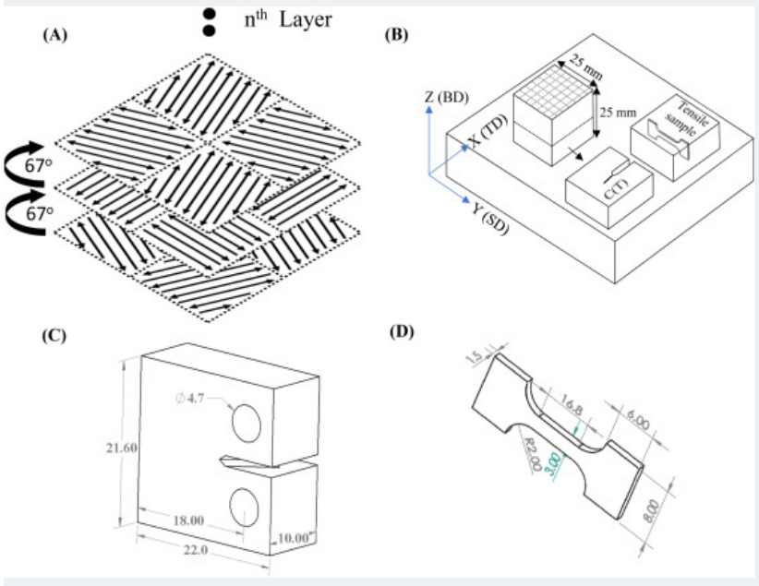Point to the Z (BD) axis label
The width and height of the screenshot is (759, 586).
pyautogui.click(x=449, y=96)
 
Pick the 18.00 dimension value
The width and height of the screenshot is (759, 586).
pyautogui.click(x=188, y=520)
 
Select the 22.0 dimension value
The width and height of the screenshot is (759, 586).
pyautogui.click(x=199, y=550)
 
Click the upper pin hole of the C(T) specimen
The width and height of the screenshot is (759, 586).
pyautogui.click(x=247, y=423)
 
